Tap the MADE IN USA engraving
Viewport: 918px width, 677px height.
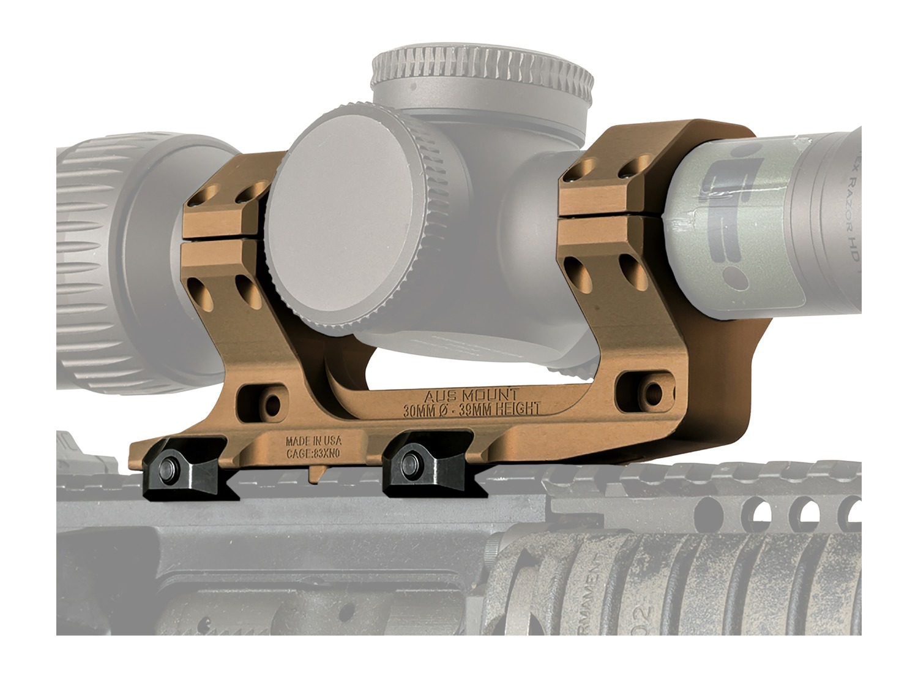(x=313, y=442)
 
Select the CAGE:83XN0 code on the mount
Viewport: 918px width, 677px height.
(x=313, y=454)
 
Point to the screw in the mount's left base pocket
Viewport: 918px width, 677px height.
(x=272, y=403)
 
